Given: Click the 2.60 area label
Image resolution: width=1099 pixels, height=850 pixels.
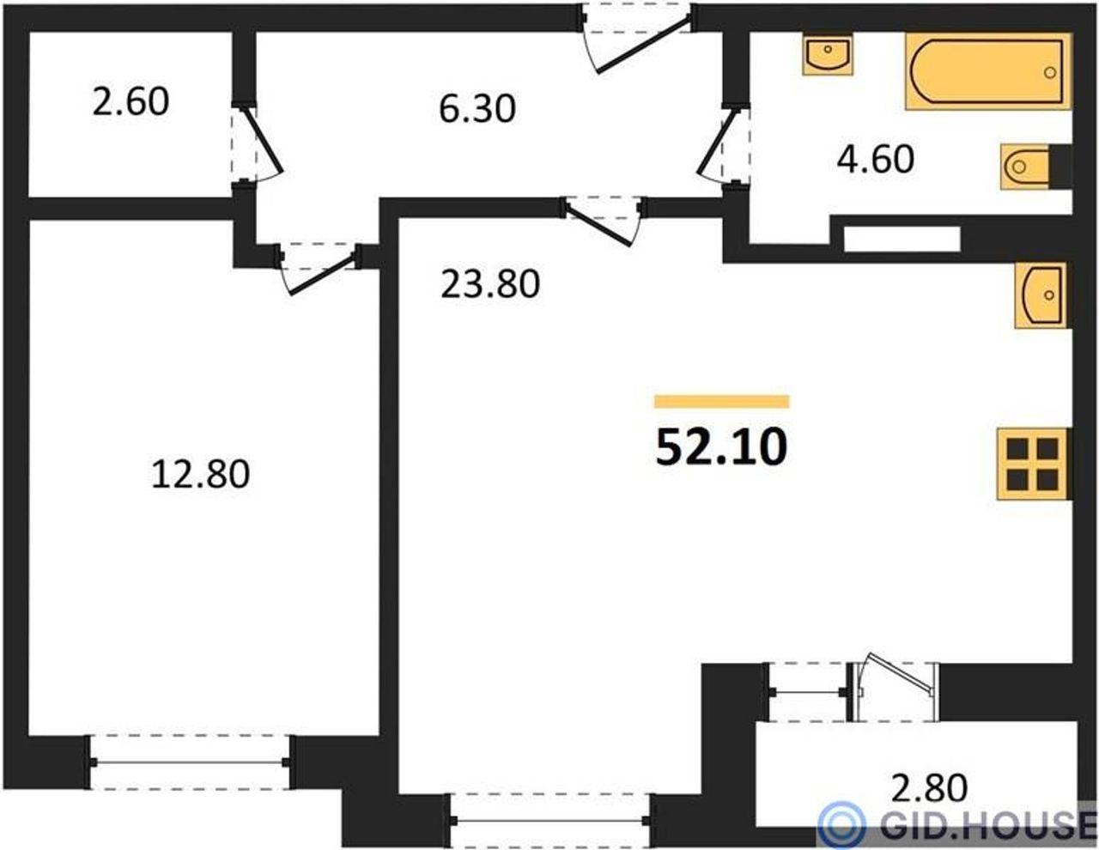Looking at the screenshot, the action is (131, 102).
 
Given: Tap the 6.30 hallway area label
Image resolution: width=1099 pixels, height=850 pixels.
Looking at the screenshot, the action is (477, 109).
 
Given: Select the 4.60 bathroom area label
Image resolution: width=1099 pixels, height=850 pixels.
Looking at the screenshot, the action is (876, 159).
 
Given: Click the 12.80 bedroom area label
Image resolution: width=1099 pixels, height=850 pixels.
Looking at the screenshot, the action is (200, 474).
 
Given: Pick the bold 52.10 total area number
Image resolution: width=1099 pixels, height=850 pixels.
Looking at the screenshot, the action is (721, 447).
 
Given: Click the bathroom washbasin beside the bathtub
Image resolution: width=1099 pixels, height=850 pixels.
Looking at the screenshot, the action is (828, 54).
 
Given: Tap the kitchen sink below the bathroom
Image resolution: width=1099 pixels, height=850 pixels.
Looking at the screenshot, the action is (1041, 295).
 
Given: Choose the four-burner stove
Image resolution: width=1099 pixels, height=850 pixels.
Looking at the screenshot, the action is (1035, 464).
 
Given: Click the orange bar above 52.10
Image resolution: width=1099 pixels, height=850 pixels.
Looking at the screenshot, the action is (722, 402).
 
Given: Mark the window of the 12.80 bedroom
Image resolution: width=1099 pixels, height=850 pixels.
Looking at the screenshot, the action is (190, 762).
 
